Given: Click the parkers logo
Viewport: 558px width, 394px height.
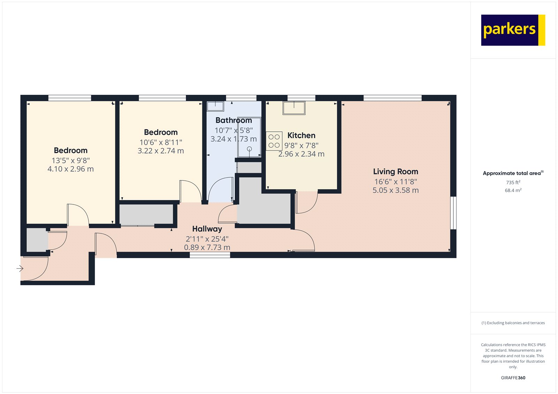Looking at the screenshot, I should pos(513,30).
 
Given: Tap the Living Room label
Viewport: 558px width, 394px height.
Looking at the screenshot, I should pos(395,171).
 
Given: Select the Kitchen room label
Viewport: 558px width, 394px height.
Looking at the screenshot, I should pos(301,136).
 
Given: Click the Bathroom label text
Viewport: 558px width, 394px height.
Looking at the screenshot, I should pos(234,120).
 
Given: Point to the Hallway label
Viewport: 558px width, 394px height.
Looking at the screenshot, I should pos(207,229).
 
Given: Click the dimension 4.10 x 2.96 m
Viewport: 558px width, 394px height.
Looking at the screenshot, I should pos(70,169).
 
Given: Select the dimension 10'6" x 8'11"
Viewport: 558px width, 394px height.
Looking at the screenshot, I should pos(161,142).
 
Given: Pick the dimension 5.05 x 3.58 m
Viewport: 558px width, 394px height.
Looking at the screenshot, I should pos(395,190).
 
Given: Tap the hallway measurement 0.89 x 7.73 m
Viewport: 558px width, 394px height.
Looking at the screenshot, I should pos(207,247).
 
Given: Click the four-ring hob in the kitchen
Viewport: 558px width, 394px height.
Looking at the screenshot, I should pos(274,141).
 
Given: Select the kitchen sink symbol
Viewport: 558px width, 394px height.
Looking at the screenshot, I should pos(294,108).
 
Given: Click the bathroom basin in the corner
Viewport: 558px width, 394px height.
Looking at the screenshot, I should pos(215,106).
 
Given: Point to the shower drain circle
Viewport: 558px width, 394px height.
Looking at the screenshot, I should pos(249,149).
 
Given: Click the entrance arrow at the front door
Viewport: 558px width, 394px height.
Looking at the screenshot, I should pos(20,268).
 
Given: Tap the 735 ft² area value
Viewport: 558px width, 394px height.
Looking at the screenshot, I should pos(513,182).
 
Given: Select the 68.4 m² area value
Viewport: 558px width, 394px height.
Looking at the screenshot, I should pos(513,190).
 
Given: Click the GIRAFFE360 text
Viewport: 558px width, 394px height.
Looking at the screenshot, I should pos(513,378).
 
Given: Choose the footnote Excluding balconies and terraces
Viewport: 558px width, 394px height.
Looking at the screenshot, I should pos(513,323).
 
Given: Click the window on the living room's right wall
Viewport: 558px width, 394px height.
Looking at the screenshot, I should pos(453,213).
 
